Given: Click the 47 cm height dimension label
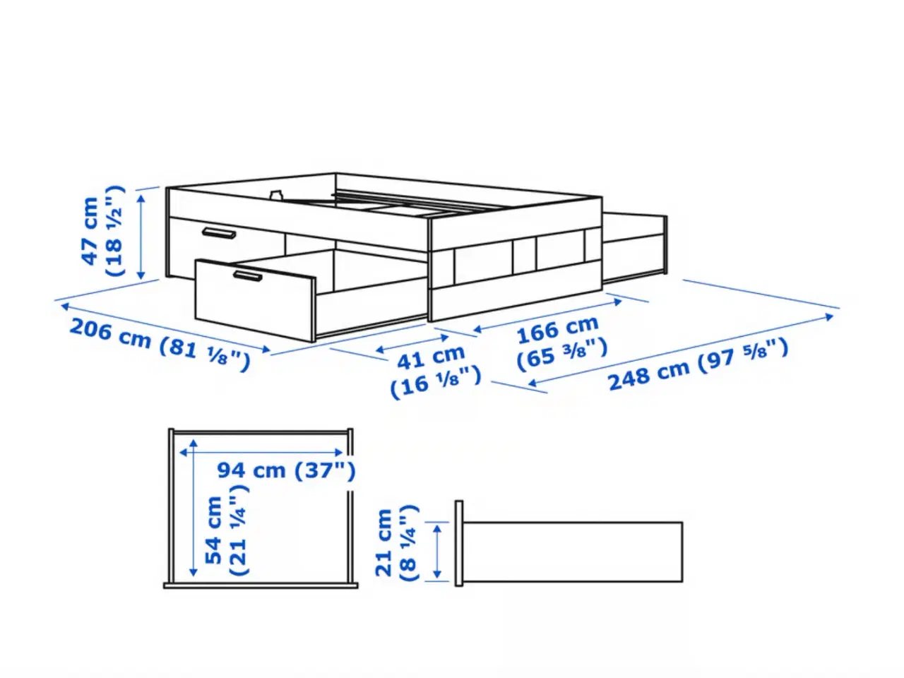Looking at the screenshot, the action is [102, 231].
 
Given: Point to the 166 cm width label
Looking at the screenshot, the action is [561, 343].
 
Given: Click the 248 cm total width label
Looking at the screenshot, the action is [698, 364].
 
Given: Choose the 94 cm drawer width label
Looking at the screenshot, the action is [286, 470].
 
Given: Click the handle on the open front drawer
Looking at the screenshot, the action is [247, 276].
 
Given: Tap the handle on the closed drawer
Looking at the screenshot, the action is [219, 233].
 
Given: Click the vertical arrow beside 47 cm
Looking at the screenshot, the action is [141, 237].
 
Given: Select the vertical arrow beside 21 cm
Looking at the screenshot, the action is [437, 551].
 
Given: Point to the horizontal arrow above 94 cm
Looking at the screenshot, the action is [261, 453].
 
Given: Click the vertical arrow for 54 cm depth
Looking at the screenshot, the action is [193, 508].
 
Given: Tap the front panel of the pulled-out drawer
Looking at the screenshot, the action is [254, 301].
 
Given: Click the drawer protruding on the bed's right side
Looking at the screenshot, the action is [635, 247].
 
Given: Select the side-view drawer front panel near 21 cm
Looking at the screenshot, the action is [459, 543].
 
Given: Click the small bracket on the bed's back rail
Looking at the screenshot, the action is [276, 194].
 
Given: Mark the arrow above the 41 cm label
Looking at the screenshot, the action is [412, 344].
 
